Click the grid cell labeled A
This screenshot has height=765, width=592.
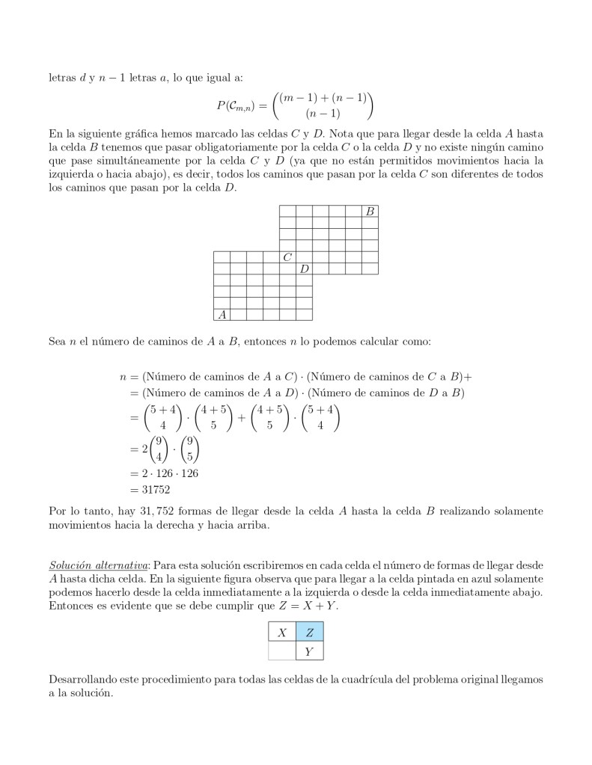click(x=222, y=314)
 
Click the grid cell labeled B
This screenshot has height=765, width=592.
click(x=370, y=212)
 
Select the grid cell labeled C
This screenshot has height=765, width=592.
click(x=287, y=257)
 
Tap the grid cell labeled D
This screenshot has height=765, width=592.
click(x=304, y=268)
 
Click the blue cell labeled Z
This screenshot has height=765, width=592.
click(x=310, y=633)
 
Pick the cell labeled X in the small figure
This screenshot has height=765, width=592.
click(x=282, y=633)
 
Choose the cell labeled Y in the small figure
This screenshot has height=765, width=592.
click(x=310, y=652)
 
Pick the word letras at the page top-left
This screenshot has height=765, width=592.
click(x=61, y=77)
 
